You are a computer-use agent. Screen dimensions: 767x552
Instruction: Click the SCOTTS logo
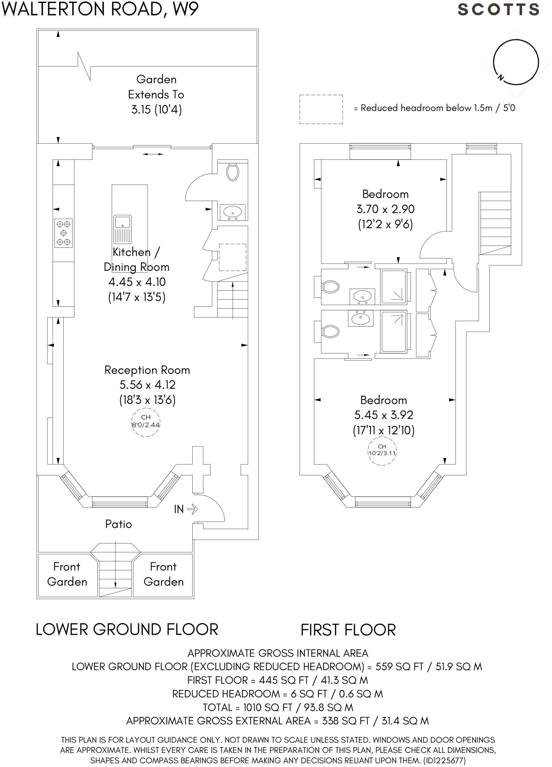tap(498, 10)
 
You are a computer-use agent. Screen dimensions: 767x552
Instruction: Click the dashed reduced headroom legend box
tap(321, 109)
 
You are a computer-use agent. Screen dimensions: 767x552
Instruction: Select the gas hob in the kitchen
tap(63, 233)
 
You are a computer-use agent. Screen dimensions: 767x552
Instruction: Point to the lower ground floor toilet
tap(233, 172)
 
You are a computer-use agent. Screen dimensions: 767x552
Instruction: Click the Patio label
tap(118, 524)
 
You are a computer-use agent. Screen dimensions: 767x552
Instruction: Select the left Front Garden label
tap(67, 574)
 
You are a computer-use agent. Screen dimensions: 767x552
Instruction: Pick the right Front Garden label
tap(163, 574)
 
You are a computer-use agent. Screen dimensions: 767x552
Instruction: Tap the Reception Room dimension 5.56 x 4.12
tap(147, 385)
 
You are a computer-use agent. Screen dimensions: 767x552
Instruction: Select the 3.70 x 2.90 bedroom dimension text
tap(385, 209)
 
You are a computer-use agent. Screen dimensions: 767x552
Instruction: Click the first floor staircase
tap(495, 223)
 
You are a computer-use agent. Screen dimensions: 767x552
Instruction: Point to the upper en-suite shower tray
tap(393, 287)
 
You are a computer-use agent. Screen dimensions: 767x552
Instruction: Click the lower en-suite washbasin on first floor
tap(361, 319)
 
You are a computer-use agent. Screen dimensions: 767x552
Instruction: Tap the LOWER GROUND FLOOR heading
tap(127, 630)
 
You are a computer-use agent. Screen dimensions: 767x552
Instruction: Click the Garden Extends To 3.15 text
tap(156, 94)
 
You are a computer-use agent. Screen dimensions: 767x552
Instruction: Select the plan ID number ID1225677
tap(444, 761)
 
